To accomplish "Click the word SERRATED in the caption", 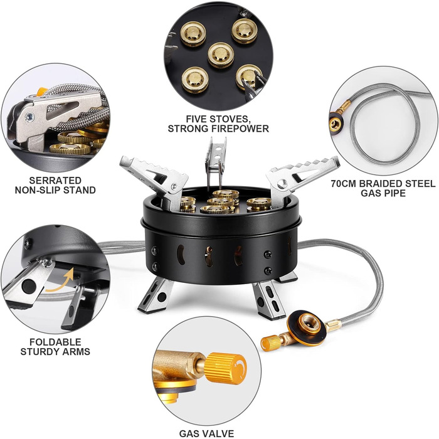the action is click(x=55, y=181).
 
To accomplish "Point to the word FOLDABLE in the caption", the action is click(x=55, y=342).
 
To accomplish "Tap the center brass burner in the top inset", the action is click(x=221, y=55).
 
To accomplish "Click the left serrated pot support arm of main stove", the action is click(x=157, y=179).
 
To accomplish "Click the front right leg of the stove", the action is click(x=269, y=300).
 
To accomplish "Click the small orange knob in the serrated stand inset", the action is click(x=42, y=92).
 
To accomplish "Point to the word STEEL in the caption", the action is click(x=421, y=184).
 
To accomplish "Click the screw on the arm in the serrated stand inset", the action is click(x=29, y=118).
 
